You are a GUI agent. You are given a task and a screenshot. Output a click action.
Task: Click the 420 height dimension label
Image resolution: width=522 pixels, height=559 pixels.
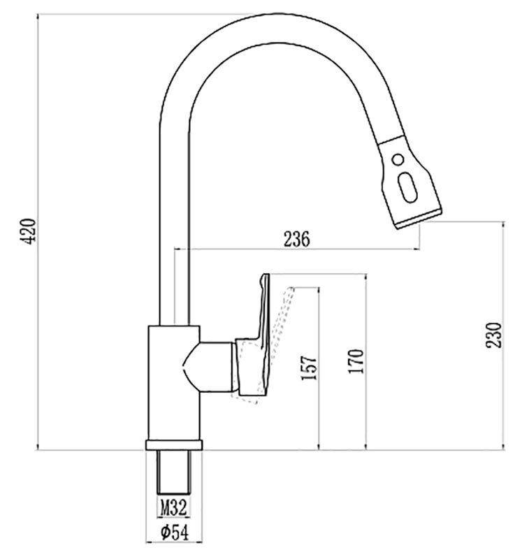coord(27,231)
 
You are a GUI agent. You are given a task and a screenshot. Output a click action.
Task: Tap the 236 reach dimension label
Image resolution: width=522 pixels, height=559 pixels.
coord(297,239)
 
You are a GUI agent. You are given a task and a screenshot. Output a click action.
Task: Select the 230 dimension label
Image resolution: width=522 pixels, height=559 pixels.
coord(494,335)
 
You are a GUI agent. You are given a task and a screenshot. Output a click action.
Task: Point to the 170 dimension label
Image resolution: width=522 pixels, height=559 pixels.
coord(356,361)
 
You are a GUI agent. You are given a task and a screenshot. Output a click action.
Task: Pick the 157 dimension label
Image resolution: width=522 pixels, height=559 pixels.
coord(309,368)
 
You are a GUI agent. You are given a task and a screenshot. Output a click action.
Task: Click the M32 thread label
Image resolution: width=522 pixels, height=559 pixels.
coord(173,507)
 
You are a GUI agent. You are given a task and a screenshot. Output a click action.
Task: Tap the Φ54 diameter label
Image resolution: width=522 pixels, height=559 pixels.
coord(175,532)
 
